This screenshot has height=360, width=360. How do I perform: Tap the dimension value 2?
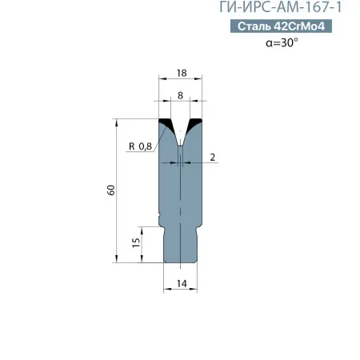214,158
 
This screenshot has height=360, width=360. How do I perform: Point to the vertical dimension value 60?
111,190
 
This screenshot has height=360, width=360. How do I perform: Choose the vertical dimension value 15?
136,240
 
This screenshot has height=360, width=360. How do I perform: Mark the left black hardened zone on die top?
168,126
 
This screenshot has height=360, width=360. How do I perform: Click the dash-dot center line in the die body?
181,200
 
